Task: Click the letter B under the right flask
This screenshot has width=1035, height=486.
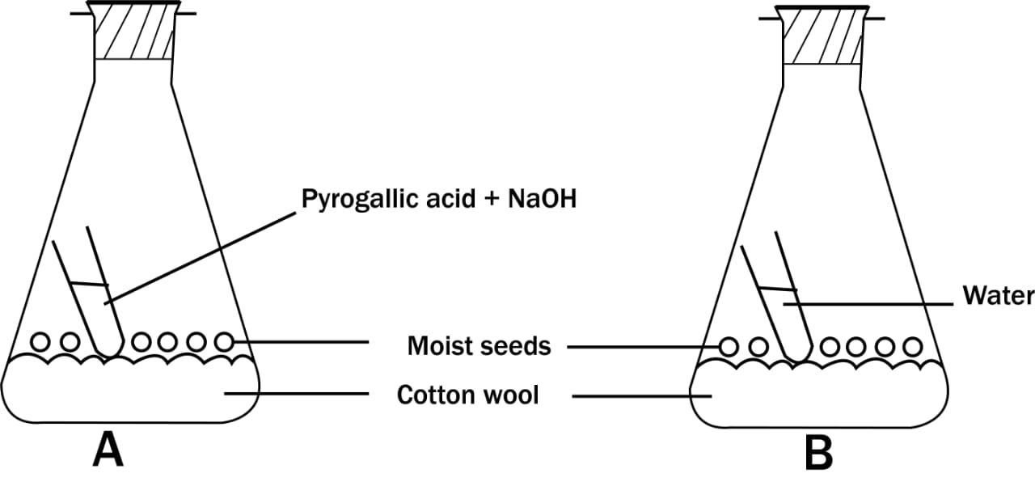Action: click(x=818, y=452)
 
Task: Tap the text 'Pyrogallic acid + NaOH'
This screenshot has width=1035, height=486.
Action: click(x=439, y=199)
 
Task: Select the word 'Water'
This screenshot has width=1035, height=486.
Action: click(x=998, y=296)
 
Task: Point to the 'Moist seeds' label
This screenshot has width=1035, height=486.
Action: click(x=479, y=346)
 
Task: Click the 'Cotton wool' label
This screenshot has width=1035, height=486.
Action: click(x=467, y=395)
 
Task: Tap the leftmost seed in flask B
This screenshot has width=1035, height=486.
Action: click(x=729, y=347)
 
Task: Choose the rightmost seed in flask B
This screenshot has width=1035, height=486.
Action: click(x=913, y=347)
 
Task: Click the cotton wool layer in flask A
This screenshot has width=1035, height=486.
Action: click(x=129, y=392)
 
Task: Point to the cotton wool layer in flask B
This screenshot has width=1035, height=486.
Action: click(x=817, y=396)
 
